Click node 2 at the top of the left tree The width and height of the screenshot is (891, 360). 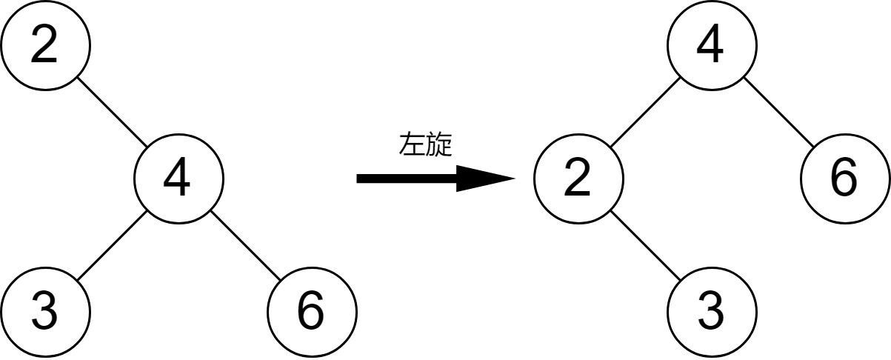tap(44, 45)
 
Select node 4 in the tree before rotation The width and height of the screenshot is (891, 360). tap(178, 179)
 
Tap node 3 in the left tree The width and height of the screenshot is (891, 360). tap(44, 312)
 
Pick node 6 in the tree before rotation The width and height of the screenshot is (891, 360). tap(311, 312)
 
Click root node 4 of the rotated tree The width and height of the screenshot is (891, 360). tap(711, 45)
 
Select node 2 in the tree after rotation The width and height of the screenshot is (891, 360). tap(578, 179)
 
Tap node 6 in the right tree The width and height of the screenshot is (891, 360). tap(844, 179)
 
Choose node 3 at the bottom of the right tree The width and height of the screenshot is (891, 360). tap(711, 312)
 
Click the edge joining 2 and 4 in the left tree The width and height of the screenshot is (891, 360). tap(111, 112)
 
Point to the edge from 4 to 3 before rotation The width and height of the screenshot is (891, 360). tap(111, 245)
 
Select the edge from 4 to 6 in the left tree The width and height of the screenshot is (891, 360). tap(244, 245)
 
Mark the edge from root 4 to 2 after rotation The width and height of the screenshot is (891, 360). tap(644, 112)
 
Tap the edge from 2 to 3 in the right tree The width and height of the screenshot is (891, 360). tap(644, 245)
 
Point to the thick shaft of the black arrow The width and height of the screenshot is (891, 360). tap(407, 179)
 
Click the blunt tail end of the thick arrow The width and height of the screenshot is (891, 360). tap(360, 179)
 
